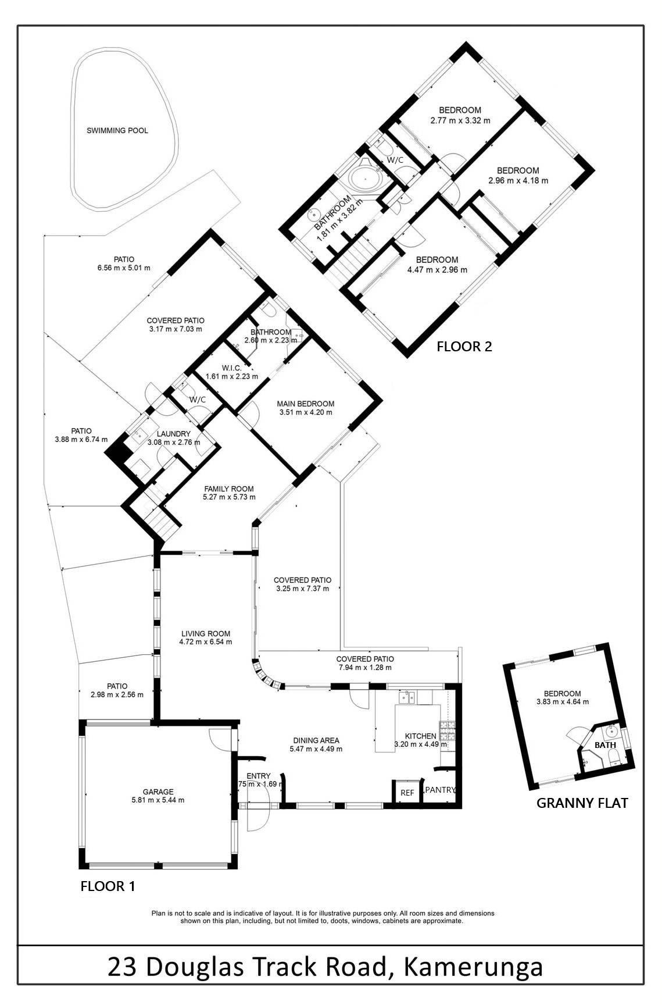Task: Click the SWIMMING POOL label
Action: point(117,131)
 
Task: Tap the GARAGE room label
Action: point(158,792)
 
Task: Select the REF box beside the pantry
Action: point(407,793)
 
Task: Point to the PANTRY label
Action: point(440,790)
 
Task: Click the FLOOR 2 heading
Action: point(464,347)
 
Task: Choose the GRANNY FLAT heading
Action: point(582,803)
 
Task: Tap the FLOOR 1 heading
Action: point(108,886)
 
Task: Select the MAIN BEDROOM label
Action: point(305,404)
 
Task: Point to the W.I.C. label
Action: point(231,368)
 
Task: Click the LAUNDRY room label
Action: point(174,434)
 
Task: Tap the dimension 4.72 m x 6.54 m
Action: point(205,642)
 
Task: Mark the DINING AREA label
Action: point(316,741)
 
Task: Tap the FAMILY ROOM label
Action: point(228,489)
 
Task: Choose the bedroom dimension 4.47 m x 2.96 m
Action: point(436,270)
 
